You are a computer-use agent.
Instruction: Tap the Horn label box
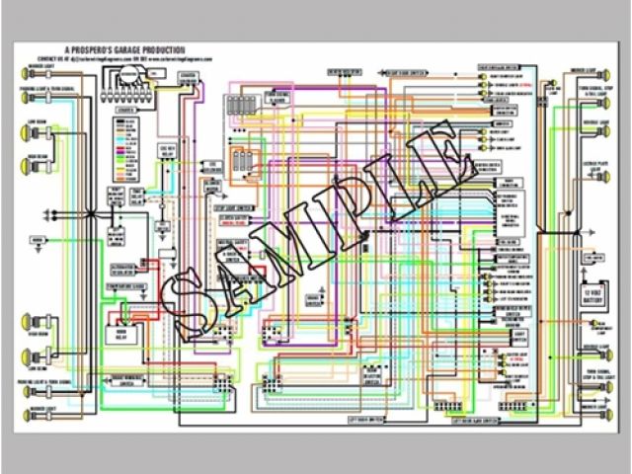click(39, 240)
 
